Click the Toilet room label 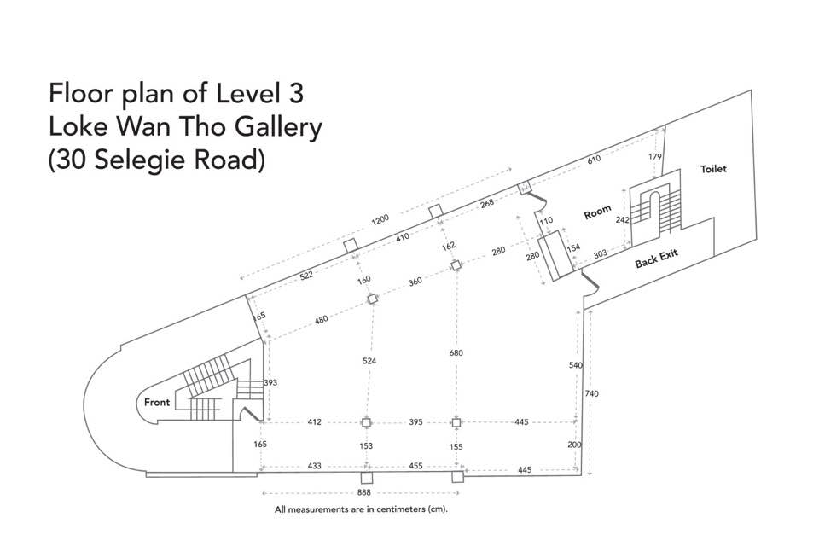pyautogui.click(x=713, y=169)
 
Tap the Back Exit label pyautogui.click(x=657, y=259)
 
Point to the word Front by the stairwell pyautogui.click(x=157, y=403)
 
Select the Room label pyautogui.click(x=597, y=212)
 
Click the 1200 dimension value pyautogui.click(x=380, y=220)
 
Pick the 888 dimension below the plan pyautogui.click(x=364, y=492)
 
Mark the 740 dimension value pyautogui.click(x=592, y=393)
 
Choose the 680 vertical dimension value pyautogui.click(x=456, y=352)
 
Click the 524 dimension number pyautogui.click(x=369, y=361)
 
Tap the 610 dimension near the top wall pyautogui.click(x=594, y=160)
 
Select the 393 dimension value pyautogui.click(x=270, y=382)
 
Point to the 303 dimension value pyautogui.click(x=600, y=254)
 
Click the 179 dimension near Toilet pyautogui.click(x=655, y=156)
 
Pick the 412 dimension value pyautogui.click(x=315, y=421)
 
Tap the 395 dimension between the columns pyautogui.click(x=415, y=421)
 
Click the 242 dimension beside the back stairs pyautogui.click(x=622, y=220)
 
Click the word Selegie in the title pyautogui.click(x=141, y=160)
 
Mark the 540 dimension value pyautogui.click(x=576, y=365)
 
